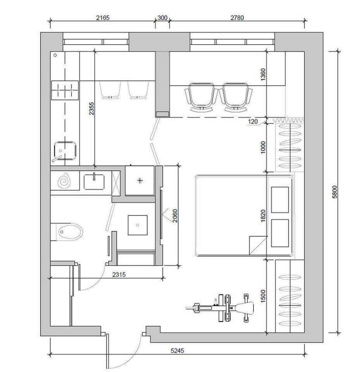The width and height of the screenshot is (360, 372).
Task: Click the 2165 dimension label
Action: (x=103, y=18)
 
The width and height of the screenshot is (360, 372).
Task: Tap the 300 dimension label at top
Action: (x=162, y=18)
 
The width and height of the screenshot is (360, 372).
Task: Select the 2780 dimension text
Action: (x=237, y=18)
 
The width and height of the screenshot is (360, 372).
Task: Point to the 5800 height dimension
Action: (x=334, y=192)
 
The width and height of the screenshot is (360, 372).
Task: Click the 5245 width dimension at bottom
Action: (x=177, y=350)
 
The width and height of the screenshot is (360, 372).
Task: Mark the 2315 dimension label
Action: (x=119, y=274)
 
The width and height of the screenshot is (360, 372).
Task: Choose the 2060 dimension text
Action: (x=175, y=216)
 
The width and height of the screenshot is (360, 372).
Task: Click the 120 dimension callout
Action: (x=253, y=122)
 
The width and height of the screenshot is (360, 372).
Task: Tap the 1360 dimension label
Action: (x=263, y=74)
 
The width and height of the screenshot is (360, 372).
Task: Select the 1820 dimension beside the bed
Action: (x=263, y=216)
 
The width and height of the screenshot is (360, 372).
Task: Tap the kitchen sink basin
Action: (x=65, y=150)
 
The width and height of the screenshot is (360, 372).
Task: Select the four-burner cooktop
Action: (x=65, y=90)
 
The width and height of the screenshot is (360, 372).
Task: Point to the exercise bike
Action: (x=220, y=308)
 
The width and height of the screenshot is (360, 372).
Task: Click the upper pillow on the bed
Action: (x=280, y=200)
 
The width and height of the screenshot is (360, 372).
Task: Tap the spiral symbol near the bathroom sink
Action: (x=64, y=181)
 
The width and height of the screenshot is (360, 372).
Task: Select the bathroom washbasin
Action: (x=94, y=181)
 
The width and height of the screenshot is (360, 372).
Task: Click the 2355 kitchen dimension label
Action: (x=91, y=108)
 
